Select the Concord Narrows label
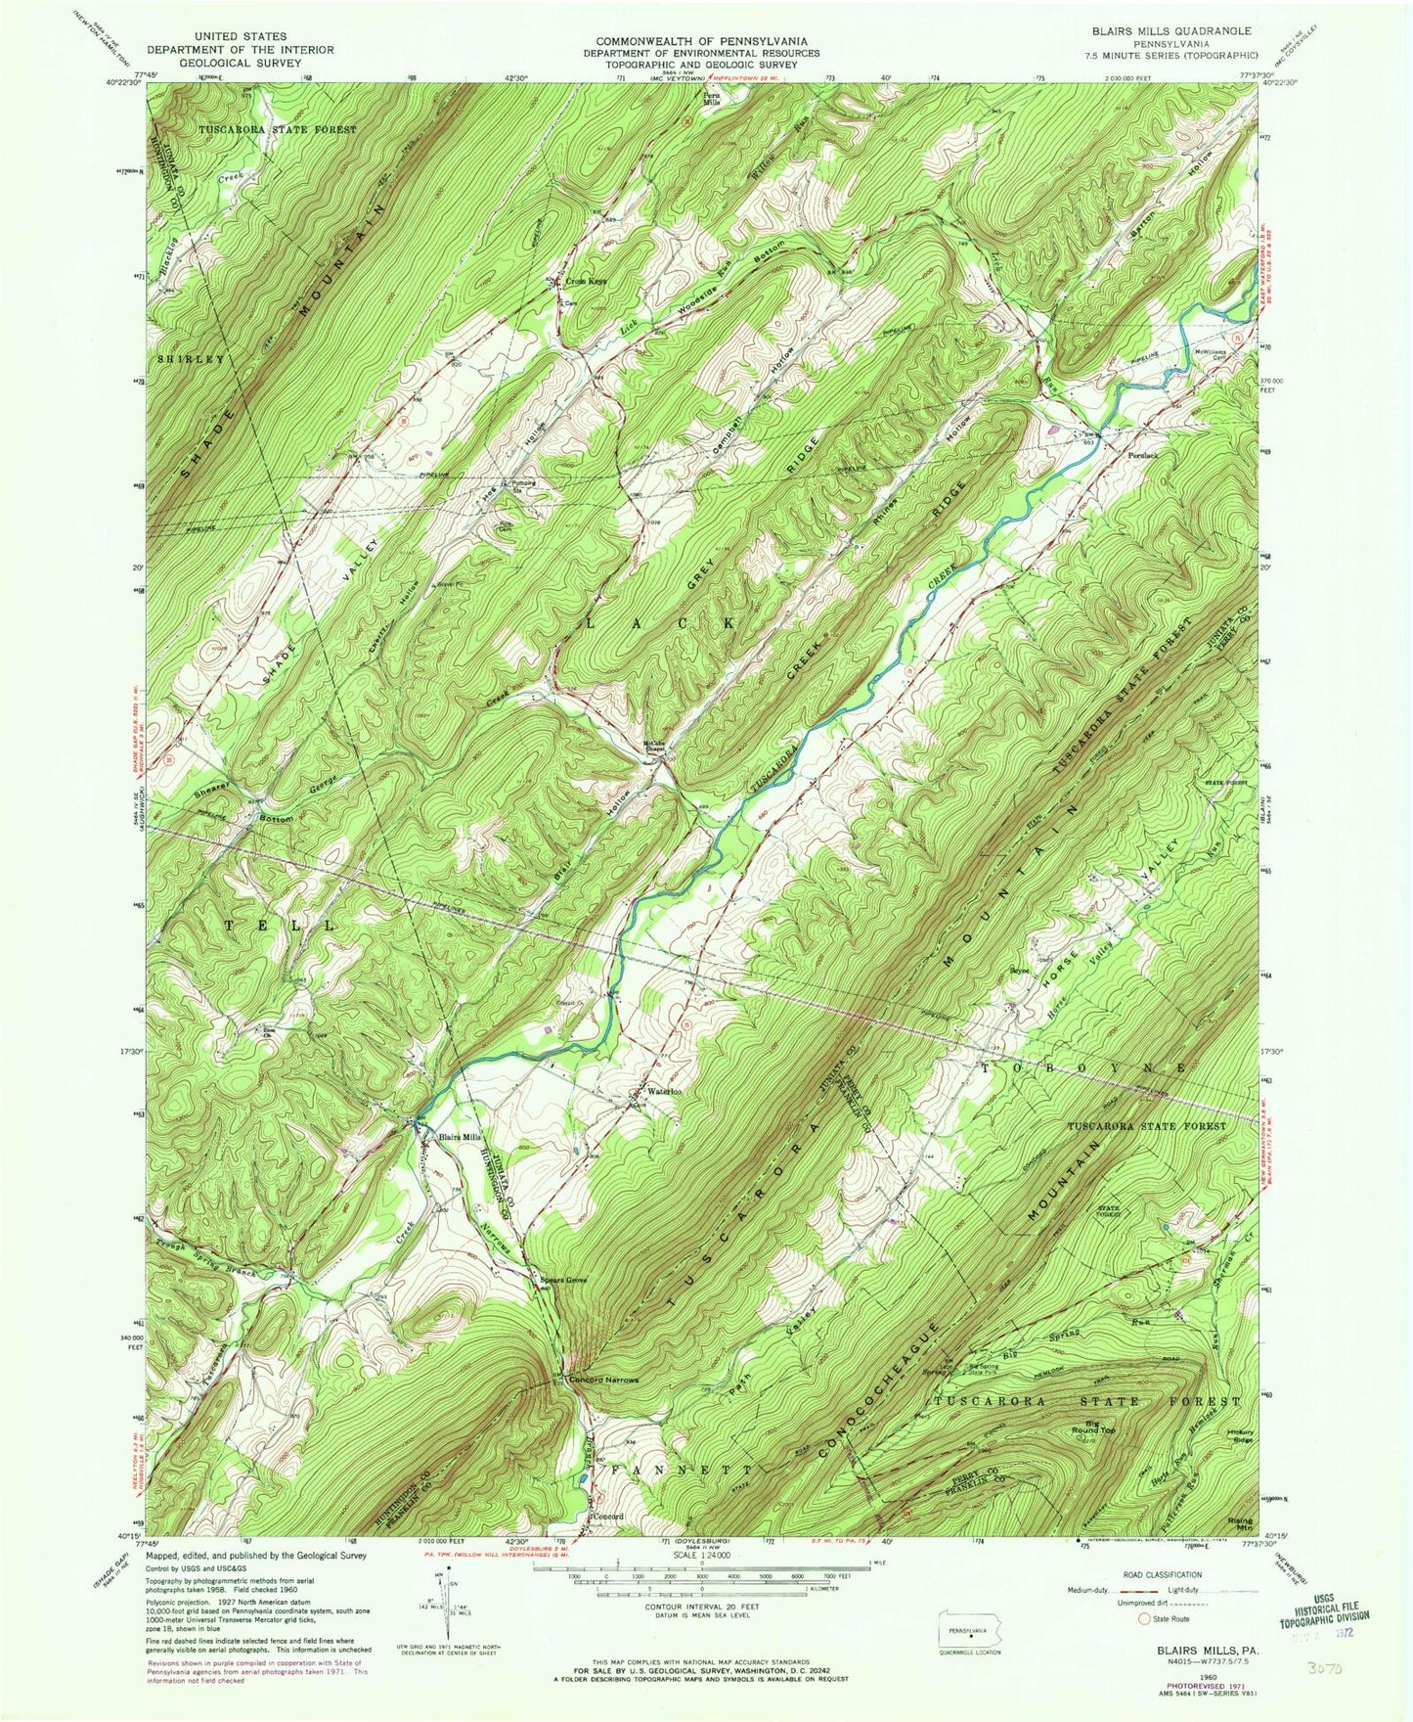click(603, 1381)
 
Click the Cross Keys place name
click(584, 282)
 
